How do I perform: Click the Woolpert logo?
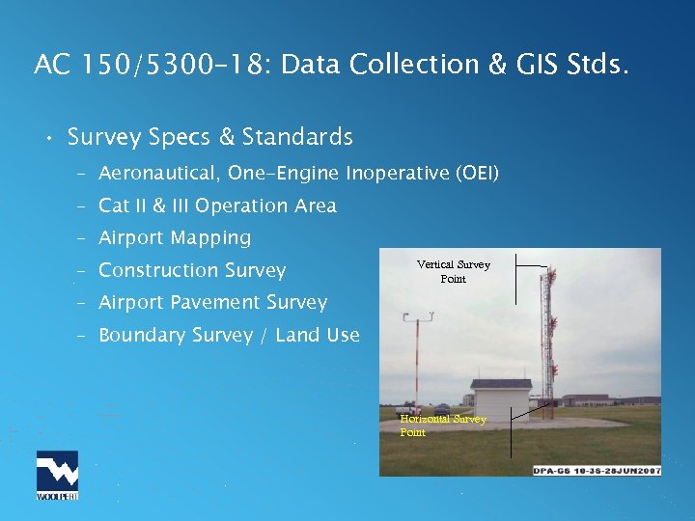tap(57, 476)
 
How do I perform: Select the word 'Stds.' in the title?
tap(598, 65)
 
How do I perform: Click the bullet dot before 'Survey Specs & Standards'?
tap(46, 139)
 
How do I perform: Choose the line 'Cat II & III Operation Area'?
tap(217, 206)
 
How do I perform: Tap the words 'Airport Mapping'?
tap(174, 237)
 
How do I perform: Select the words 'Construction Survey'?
tap(192, 270)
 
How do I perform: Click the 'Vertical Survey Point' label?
tap(453, 271)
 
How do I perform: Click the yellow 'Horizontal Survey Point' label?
tap(443, 425)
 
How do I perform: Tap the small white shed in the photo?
tap(500, 398)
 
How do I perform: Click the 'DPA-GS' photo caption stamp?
tap(597, 470)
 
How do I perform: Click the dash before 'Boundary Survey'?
tap(84, 335)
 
